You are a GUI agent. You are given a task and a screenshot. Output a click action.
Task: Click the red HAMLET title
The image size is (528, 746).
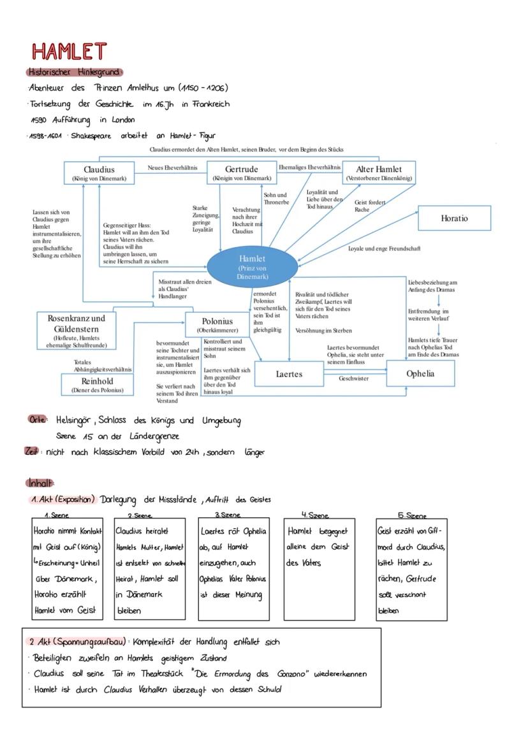70,52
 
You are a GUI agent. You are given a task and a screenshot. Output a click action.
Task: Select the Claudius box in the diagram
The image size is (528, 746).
99,173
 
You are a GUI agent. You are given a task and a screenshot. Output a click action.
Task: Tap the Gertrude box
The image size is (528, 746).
242,173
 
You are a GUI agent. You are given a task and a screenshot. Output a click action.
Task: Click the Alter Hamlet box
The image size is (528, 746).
379,173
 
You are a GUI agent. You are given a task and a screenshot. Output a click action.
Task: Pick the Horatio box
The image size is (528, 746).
454,219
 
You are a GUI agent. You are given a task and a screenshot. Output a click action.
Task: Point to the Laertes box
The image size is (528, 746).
289,374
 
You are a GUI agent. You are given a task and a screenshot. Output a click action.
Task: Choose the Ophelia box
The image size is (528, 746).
420,373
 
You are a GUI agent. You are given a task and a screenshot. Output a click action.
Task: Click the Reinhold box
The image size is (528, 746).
98,384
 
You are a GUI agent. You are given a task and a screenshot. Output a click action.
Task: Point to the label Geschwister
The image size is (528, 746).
353,378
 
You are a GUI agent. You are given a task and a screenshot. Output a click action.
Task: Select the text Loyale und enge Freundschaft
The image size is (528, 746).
384,248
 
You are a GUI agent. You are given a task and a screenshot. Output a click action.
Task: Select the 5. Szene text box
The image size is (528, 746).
411,568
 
